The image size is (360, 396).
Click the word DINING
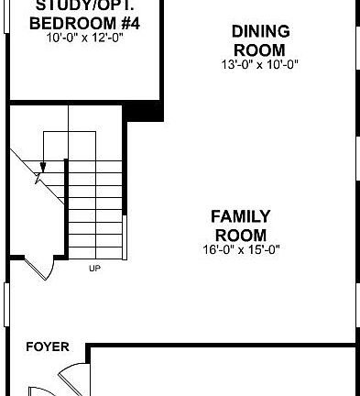point(260,31)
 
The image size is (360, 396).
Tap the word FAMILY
point(240,216)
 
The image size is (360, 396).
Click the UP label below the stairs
point(93,269)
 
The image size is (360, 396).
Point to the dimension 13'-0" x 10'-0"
point(260,63)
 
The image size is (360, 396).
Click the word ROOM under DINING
point(260,48)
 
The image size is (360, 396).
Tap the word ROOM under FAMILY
point(240,234)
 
